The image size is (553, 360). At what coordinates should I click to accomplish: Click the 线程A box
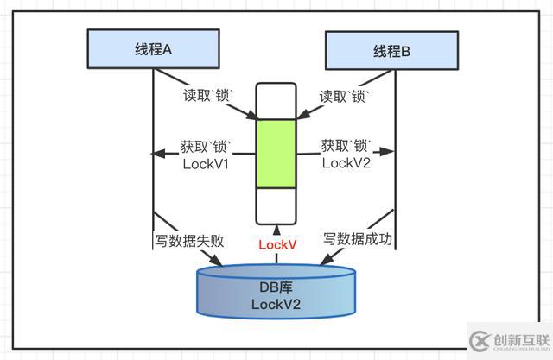(x=151, y=49)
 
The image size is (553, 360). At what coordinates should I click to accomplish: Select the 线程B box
(x=392, y=49)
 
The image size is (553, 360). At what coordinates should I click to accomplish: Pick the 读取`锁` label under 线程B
(x=344, y=96)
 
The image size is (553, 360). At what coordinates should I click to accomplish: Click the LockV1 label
(x=206, y=163)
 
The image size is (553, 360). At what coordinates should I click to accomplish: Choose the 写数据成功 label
(x=359, y=238)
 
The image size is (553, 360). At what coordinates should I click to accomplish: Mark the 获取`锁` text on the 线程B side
(x=346, y=145)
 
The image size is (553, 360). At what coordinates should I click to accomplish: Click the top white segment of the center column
(x=276, y=101)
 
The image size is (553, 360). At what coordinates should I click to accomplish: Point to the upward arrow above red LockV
(x=276, y=230)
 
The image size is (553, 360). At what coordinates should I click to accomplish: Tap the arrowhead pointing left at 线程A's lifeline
(x=158, y=155)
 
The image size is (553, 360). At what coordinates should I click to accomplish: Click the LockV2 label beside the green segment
(x=347, y=163)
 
